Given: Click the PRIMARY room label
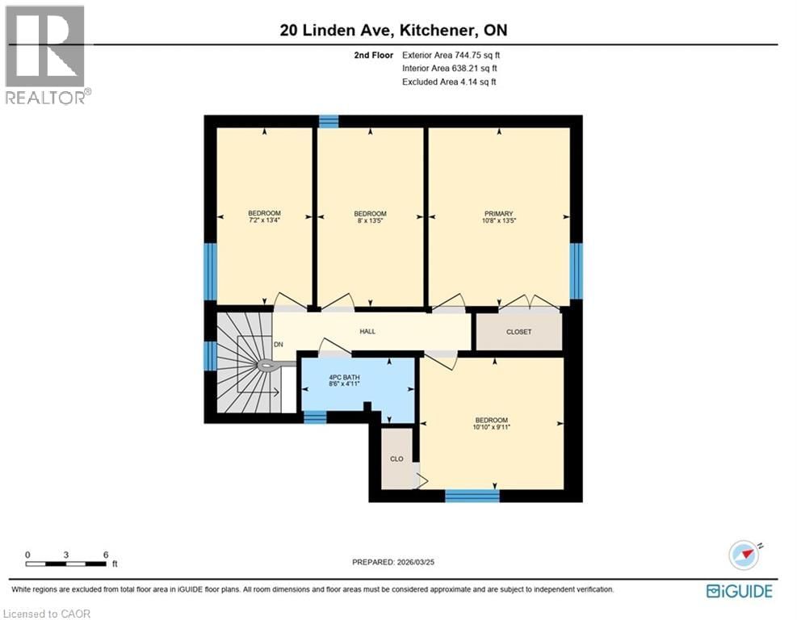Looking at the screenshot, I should pos(499,214).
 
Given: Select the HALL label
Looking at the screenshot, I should pos(367,331).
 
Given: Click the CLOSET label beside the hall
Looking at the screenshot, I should pos(518,332).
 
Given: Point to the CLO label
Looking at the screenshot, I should pos(396,459).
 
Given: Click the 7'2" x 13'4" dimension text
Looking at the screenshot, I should pos(264,220).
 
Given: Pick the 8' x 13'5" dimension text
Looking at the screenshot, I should pos(370,220).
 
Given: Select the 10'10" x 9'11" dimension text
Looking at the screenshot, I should pos(491,427).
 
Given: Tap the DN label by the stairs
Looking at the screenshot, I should pos(279,345).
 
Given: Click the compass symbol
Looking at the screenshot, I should pos(744,555).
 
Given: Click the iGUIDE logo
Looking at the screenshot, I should pos(739,591).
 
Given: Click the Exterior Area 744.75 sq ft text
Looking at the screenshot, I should pos(457,56).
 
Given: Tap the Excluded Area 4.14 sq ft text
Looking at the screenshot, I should pos(449,82).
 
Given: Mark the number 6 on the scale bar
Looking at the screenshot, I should pos(106,555).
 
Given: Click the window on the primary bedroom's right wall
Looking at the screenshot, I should pos(576,270).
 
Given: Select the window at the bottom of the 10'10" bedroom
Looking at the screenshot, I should pos(472,495).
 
